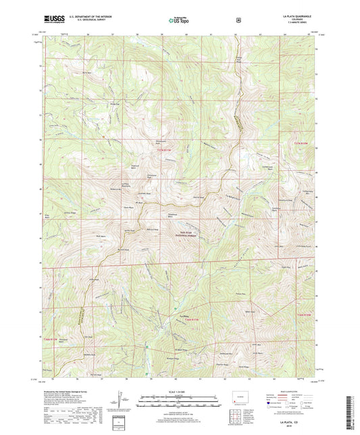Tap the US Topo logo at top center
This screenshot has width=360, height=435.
pyautogui.click(x=178, y=20)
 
